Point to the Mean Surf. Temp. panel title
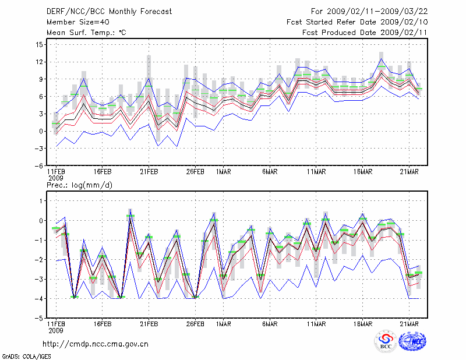[x=86, y=33]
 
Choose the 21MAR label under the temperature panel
[x=411, y=171]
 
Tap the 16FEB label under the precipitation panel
[x=103, y=324]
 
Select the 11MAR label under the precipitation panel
[x=316, y=324]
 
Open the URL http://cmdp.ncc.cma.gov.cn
[x=96, y=344]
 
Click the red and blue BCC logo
[x=385, y=343]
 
